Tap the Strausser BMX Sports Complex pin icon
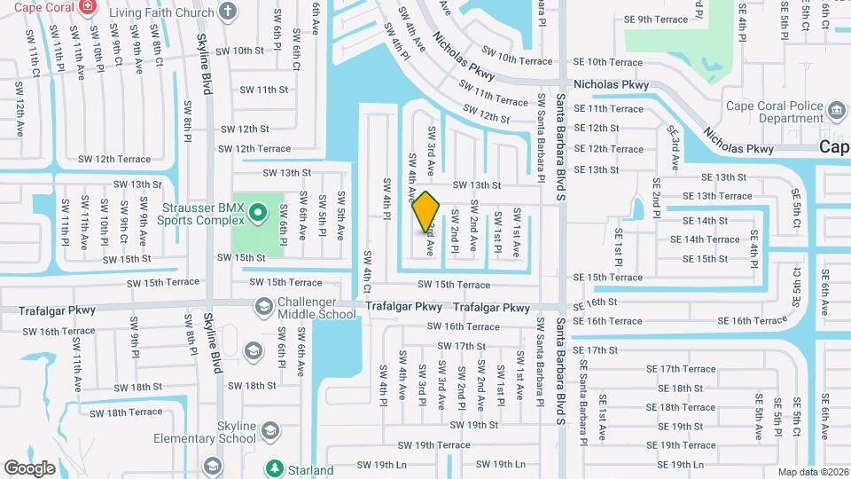(258, 212)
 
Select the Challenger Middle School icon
(264, 307)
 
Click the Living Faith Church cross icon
(228, 12)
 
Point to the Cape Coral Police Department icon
(836, 111)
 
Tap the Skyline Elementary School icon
(269, 432)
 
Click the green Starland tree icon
(275, 467)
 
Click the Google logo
(30, 467)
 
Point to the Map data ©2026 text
(813, 471)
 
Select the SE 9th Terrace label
(655, 20)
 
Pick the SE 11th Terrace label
(608, 109)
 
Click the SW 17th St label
(463, 346)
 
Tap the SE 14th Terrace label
(705, 239)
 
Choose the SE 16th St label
(594, 302)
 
